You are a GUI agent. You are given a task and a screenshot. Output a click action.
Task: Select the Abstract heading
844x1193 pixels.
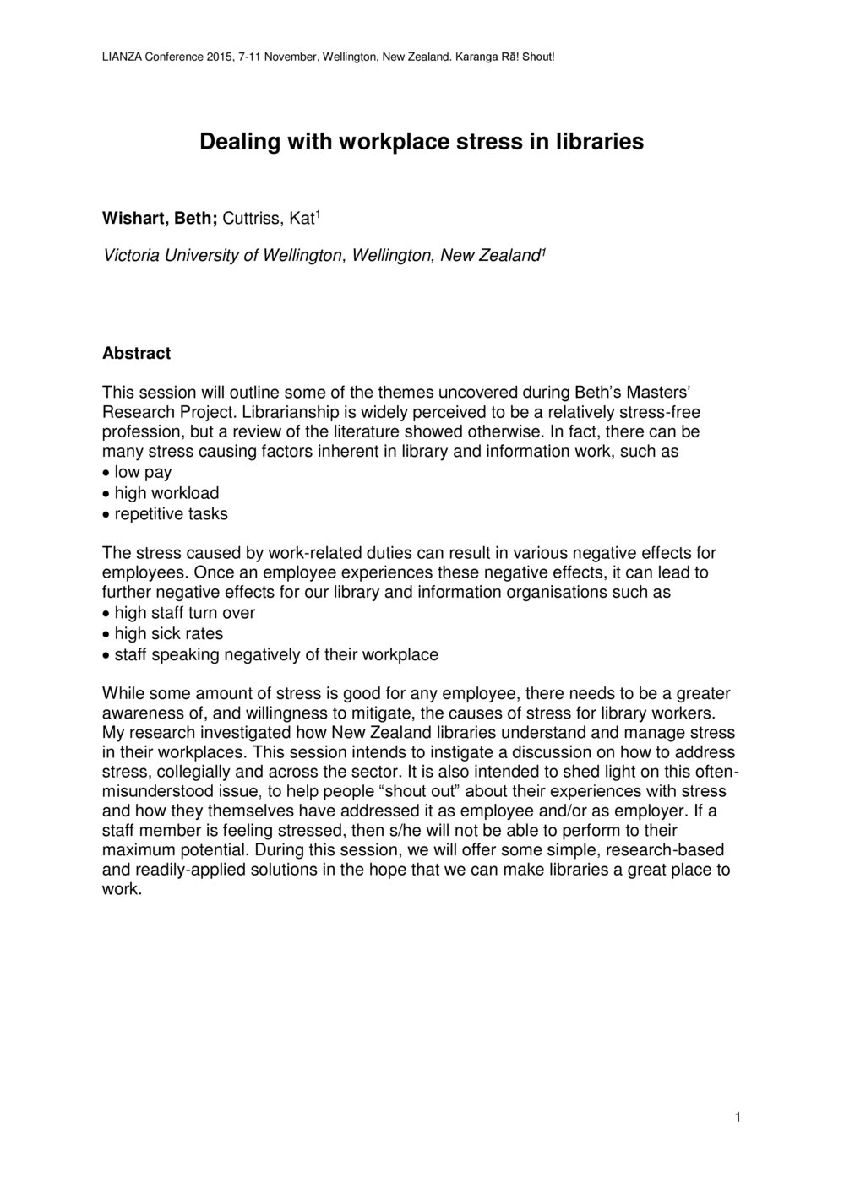point(136,353)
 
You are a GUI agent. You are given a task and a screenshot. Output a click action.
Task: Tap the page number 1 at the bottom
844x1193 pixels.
point(738,1119)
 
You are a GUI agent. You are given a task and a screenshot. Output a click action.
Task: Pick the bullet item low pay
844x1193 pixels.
point(143,473)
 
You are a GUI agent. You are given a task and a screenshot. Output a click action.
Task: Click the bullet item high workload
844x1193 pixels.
point(166,493)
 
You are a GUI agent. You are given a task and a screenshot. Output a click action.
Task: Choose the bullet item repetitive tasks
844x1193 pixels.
point(171,513)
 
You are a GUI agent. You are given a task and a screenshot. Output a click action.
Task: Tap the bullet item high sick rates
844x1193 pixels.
point(169,633)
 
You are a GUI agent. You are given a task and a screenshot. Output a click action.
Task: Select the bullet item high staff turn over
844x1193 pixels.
point(184,613)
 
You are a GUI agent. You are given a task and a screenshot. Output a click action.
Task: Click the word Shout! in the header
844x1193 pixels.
point(536,57)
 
